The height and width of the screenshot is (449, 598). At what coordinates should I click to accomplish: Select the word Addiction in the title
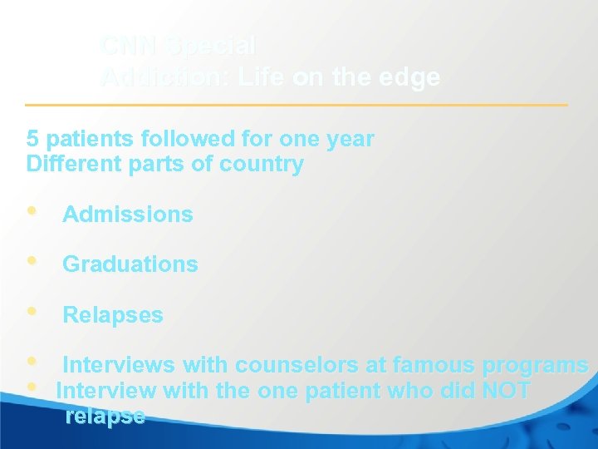pos(163,78)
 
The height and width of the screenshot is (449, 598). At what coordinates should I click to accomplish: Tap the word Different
pos(67,164)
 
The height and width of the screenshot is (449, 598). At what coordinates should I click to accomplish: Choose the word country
pos(262,165)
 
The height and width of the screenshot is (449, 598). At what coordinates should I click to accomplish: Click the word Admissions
pos(128,215)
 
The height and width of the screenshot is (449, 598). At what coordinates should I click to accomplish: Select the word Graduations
pos(130,264)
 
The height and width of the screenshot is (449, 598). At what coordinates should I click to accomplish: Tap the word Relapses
pos(113,315)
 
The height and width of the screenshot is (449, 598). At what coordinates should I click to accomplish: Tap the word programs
pos(535,366)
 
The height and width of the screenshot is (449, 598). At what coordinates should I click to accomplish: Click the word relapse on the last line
pos(105,416)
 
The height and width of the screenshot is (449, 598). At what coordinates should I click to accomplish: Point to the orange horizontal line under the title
pos(297,105)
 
